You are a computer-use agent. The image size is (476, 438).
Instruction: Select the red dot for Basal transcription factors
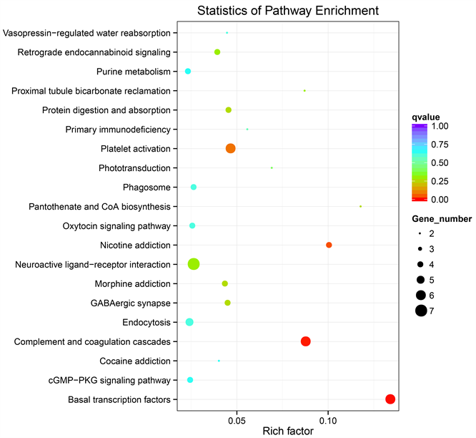pos(390,399)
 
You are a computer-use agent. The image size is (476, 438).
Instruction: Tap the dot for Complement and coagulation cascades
pos(306,341)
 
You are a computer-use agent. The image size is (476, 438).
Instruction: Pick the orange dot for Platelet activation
pos(231,148)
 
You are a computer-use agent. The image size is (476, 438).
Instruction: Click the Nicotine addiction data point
pos(329,245)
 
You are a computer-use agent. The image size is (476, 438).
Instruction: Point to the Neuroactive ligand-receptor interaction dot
pos(194,264)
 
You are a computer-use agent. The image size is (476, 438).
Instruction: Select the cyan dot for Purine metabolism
pos(188,72)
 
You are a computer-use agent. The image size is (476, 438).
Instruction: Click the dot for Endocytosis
pos(189,322)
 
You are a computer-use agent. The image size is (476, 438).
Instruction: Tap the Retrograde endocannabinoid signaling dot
pos(217,52)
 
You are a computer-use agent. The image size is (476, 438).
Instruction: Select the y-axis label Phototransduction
pos(134,168)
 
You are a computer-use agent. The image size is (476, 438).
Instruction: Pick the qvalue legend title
pos(425,116)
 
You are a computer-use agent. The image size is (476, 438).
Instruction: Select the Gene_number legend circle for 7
pos(421,310)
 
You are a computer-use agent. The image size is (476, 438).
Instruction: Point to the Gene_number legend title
pos(441,218)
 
